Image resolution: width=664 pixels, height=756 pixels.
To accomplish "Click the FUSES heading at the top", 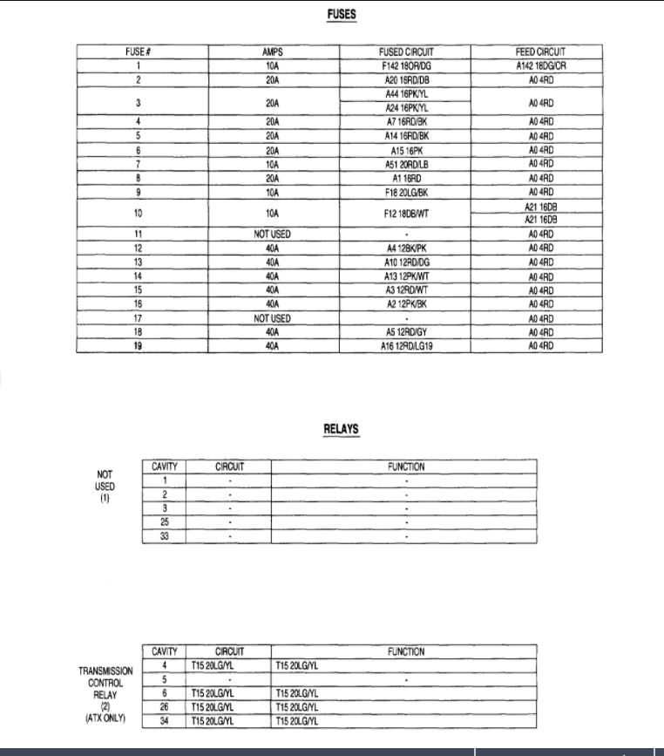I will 340,15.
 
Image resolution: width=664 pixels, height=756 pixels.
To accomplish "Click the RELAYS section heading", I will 341,429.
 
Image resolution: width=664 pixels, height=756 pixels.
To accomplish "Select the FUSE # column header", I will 140,52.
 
